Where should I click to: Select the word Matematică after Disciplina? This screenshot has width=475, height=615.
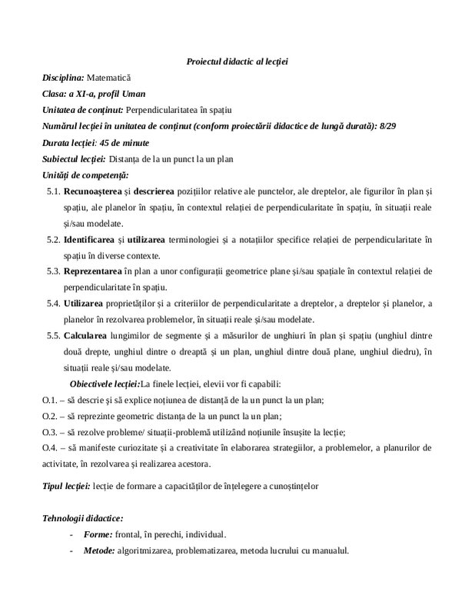point(110,78)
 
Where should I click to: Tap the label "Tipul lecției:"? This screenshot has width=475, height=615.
point(66,487)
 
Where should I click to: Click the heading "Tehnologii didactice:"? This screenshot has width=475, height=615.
point(83,519)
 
